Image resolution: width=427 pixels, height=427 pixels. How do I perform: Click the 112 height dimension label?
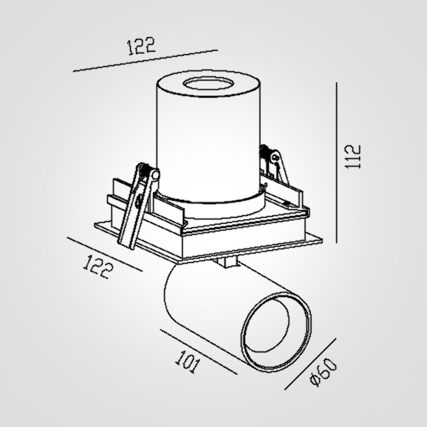pos(353,157)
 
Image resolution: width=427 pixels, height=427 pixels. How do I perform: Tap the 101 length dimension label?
pos(187,362)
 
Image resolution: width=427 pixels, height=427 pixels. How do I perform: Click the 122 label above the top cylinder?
pos(141,46)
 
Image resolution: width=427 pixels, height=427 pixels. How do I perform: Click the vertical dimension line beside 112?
pos(336,163)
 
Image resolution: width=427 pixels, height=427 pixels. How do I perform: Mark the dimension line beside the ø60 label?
pos(310,364)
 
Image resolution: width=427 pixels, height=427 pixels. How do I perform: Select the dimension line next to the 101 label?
pos(199,352)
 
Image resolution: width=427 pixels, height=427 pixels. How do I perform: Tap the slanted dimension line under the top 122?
pos(146,61)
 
